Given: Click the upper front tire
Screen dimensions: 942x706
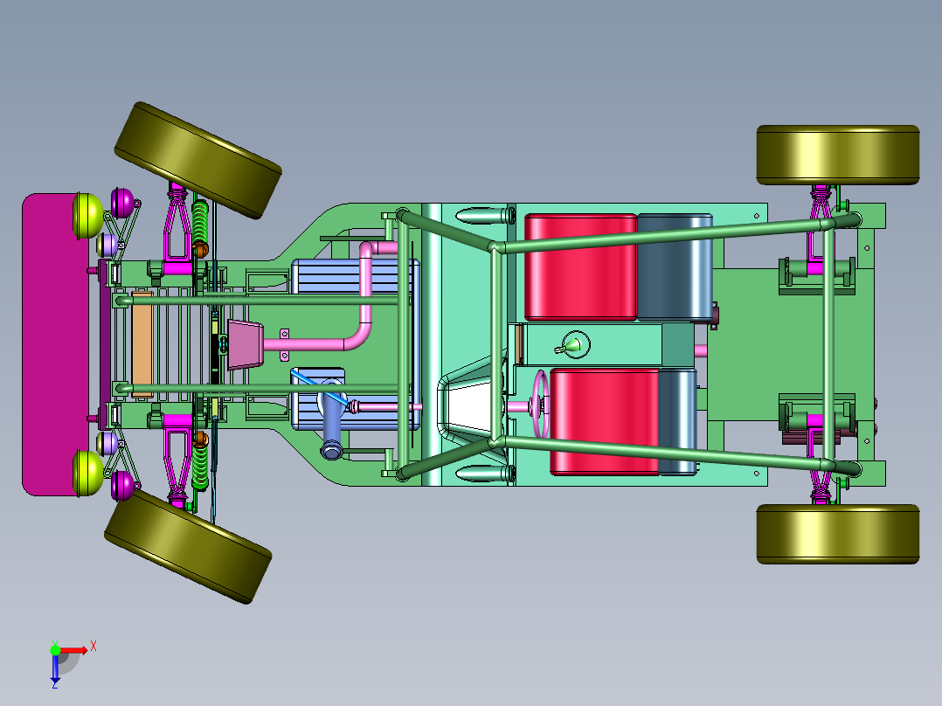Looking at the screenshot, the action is [x=197, y=160].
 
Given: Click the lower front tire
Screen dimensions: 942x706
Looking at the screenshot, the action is [x=188, y=547].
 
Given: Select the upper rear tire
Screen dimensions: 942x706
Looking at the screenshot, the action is [x=838, y=155].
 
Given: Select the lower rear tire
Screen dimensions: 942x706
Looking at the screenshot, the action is [x=838, y=534].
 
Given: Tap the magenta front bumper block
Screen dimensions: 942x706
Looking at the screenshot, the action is [x=55, y=344].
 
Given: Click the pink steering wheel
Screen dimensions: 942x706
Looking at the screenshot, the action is [x=541, y=405].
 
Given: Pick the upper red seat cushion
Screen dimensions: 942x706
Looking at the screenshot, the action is [x=580, y=266].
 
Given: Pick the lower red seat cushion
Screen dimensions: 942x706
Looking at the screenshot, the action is [x=605, y=421].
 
